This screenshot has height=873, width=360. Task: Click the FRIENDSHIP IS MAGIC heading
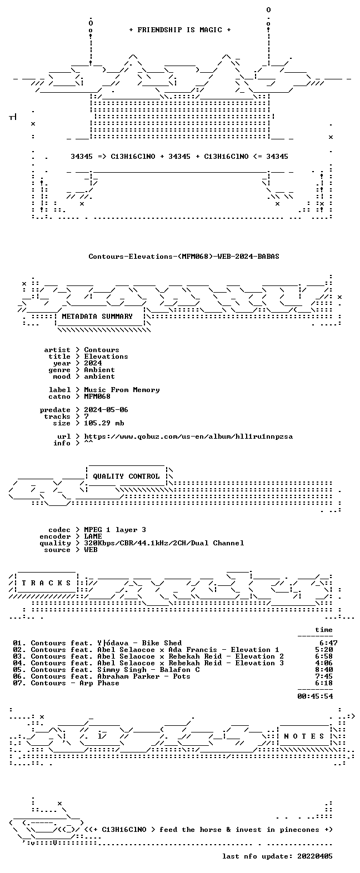coord(180,30)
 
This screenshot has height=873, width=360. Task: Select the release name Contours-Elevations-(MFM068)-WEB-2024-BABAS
coord(184,257)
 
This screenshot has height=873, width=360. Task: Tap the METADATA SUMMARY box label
coord(97,317)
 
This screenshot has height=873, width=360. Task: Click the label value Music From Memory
coord(122,390)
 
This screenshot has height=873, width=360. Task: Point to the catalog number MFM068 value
coord(97,397)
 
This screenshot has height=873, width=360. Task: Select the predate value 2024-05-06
coord(106,410)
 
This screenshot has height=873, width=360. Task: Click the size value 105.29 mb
coord(104,423)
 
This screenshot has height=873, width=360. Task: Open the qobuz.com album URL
coord(188,436)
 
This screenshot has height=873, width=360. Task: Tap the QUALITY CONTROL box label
coord(126,476)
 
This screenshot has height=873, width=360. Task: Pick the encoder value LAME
coord(93,536)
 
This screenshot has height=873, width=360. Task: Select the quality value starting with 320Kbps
coord(164,543)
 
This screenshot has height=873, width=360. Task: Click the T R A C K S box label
coord(47,583)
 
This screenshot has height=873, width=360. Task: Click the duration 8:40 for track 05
coord(324,670)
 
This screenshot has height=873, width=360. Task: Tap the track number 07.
coord(19,683)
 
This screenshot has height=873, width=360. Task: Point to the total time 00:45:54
coord(315,696)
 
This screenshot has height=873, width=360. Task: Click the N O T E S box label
coord(304,736)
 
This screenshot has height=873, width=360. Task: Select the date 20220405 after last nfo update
coord(315,856)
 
